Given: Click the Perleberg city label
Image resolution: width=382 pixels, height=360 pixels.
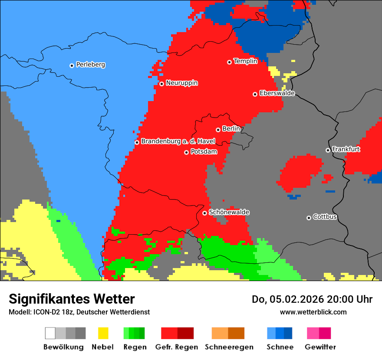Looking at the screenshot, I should point(90,65).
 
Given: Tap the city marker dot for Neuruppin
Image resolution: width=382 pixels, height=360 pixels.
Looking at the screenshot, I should point(161,84).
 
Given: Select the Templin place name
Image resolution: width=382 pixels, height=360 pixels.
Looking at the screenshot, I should point(245,61).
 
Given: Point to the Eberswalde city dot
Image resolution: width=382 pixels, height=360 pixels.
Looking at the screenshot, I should point(255,94).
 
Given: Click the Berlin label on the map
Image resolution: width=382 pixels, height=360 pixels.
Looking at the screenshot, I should point(231,129).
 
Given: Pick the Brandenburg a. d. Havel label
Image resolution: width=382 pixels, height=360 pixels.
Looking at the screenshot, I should point(178,141).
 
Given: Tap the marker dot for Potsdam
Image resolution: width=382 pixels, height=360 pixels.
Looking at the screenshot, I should point(186,152).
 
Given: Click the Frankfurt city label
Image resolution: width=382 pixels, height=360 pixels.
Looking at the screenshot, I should point(346,149).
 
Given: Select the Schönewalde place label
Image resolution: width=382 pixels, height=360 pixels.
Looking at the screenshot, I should point(229,212).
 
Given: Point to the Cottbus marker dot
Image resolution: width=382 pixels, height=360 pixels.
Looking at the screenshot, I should point(309,218).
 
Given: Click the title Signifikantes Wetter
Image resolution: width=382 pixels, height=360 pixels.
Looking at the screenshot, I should point(72,299).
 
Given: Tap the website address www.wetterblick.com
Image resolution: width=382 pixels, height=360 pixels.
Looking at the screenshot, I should point(313,312).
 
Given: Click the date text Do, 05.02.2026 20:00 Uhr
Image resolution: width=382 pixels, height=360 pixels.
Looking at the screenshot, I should point(312,299).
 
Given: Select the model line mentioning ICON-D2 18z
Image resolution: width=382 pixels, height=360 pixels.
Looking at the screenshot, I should point(79,312).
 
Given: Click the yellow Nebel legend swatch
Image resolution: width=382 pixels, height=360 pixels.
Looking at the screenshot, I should point(103,333).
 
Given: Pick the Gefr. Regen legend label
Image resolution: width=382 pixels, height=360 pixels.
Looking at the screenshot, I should point(177,347).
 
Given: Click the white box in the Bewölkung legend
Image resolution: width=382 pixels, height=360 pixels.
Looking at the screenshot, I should point(50,333).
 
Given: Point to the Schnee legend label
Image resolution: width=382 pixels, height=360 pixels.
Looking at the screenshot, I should point(280,347).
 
